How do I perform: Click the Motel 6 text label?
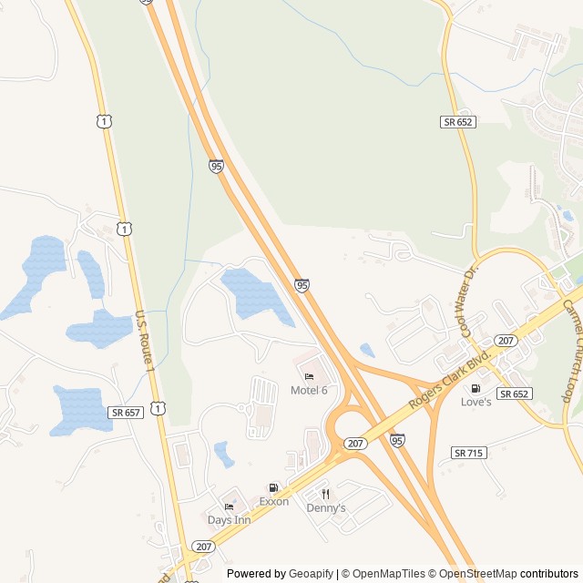point(309,391)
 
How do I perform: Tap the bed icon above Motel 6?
point(309,377)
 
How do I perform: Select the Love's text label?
point(476,402)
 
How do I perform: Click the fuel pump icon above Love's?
point(476,388)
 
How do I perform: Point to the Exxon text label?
point(273,502)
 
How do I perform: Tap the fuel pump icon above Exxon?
point(273,488)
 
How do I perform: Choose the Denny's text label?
point(325,508)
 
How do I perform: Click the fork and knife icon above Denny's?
point(325,494)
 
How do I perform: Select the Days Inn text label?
point(229,520)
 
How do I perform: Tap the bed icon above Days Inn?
point(229,506)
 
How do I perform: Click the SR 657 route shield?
point(125,413)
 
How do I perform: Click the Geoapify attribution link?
point(312,574)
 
